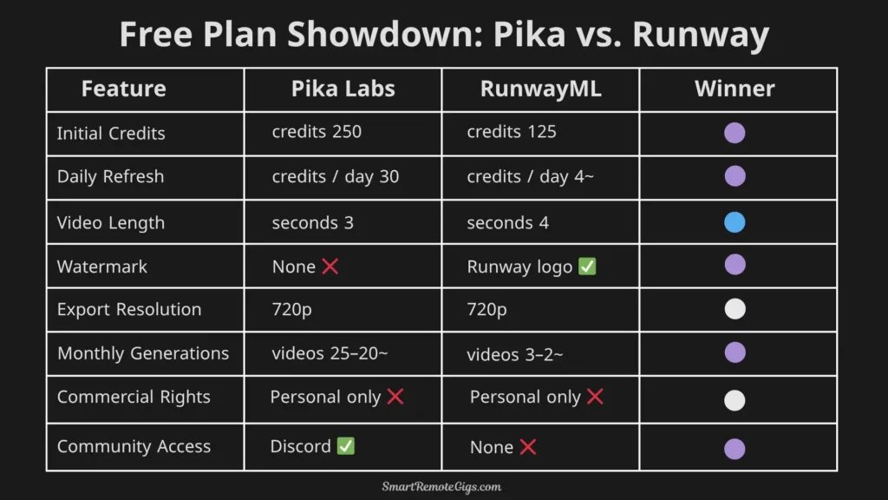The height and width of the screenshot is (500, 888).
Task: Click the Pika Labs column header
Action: pos(343,89)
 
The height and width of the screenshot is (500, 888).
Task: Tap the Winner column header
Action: pos(735,89)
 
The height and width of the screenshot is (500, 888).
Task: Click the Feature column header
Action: pos(123,89)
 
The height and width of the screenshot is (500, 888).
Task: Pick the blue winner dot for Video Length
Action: pos(735,222)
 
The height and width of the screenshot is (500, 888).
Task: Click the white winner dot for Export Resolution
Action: pos(735,309)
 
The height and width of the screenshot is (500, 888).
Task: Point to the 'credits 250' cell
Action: pos(317,132)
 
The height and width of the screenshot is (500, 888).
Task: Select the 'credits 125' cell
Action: pos(512,132)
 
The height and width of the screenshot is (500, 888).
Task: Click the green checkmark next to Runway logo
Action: pos(587,266)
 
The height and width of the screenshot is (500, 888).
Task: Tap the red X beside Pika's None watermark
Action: pos(330,266)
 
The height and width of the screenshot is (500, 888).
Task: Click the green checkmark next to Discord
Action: pos(346,446)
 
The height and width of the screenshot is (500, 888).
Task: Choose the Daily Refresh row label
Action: pos(110,176)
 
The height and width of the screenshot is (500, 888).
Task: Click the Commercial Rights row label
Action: pos(134,397)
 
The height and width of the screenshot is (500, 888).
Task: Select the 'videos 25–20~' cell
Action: pos(329,353)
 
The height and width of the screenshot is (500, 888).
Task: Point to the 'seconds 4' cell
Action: pos(507,223)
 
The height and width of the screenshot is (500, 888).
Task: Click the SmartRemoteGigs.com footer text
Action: pos(442,487)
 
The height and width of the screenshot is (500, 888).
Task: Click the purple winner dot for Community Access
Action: pos(735,448)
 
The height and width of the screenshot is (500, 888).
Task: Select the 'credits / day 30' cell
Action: pos(336,176)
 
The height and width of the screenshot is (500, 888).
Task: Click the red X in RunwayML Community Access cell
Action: pos(527,447)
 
